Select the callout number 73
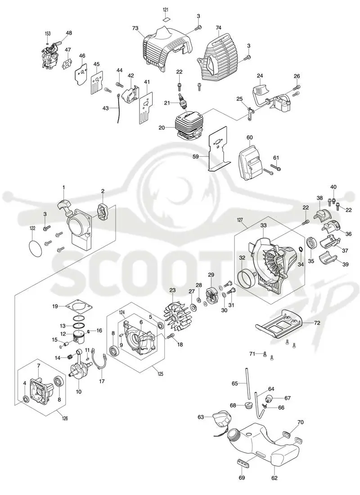click(x=135, y=28)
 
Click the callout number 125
click(x=160, y=374)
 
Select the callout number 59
click(x=196, y=156)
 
